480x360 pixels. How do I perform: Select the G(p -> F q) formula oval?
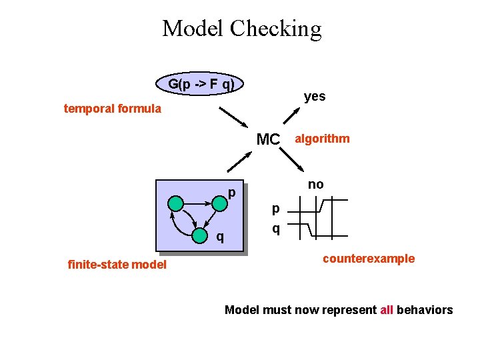(x=201, y=84)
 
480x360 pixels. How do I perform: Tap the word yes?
(x=315, y=96)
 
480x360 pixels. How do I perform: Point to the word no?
(x=316, y=184)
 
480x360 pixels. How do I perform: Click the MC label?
(x=269, y=139)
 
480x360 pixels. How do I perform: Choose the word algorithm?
(x=322, y=139)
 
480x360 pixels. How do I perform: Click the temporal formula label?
(x=112, y=108)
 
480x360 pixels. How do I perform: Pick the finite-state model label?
(x=117, y=265)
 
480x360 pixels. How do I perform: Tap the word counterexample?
(x=369, y=259)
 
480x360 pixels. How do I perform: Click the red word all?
(x=387, y=310)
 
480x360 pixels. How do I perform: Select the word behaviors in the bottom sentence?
(x=425, y=310)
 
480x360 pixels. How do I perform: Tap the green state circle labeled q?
(x=199, y=236)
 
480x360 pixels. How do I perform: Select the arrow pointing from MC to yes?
(x=291, y=115)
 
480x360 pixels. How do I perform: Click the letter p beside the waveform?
(x=275, y=209)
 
